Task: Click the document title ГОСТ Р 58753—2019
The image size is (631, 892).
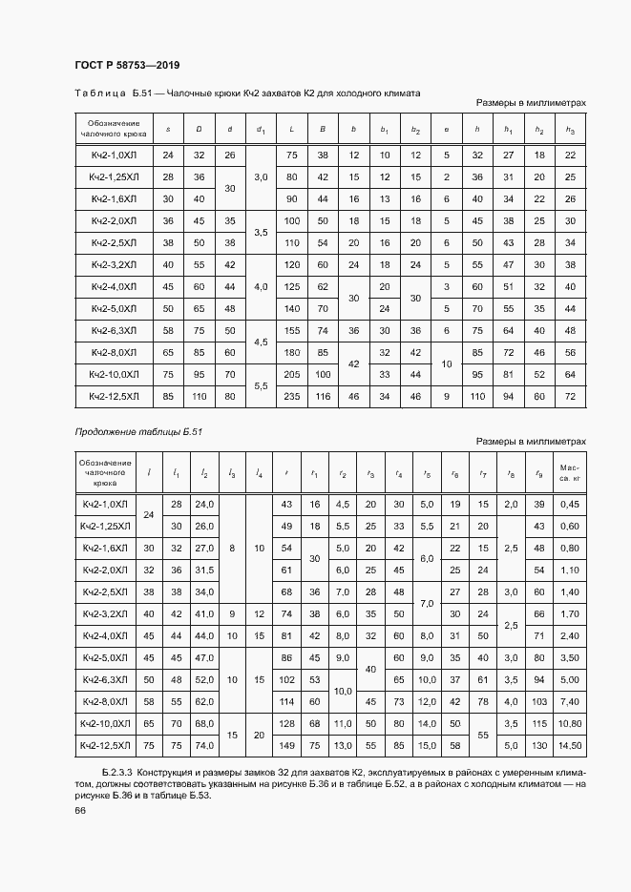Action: tap(126, 65)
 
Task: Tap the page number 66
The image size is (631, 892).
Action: tap(80, 810)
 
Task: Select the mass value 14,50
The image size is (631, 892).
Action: tap(569, 744)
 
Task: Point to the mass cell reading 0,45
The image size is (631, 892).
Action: tap(569, 503)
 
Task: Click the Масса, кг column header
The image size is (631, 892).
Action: tap(569, 471)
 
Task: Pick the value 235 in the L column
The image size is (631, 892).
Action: tap(292, 396)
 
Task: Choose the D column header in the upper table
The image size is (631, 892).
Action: tap(199, 129)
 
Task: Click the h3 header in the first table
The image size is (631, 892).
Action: tap(570, 129)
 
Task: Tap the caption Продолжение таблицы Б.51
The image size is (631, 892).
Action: tap(138, 431)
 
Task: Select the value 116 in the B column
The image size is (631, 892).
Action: tap(323, 396)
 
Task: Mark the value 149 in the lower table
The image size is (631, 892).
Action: tap(284, 744)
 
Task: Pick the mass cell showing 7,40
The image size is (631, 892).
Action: tap(569, 701)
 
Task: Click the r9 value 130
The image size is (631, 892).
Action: tap(539, 744)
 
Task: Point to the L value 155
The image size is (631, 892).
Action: tap(292, 330)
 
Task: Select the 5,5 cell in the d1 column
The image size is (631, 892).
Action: tap(261, 384)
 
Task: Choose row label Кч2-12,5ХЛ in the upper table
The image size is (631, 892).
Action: tap(115, 396)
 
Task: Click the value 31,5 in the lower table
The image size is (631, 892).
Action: tap(202, 570)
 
